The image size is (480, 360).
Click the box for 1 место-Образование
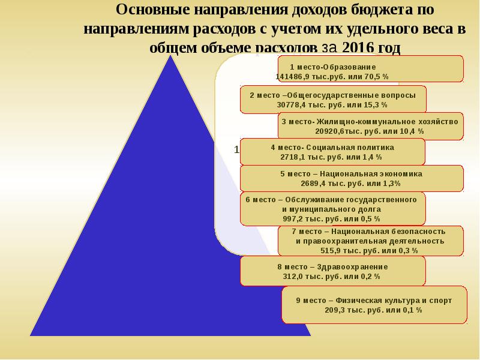[370, 68]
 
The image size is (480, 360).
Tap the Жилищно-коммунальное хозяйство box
[370, 126]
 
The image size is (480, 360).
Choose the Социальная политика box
[332, 152]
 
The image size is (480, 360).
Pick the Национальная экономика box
[352, 178]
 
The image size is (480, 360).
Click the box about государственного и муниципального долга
[332, 208]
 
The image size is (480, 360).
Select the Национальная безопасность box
[370, 241]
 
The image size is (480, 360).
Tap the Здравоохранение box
[332, 271]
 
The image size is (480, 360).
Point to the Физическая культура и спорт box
[374, 305]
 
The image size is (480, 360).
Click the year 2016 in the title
[360, 47]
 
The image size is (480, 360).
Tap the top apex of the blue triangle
[172, 56]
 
